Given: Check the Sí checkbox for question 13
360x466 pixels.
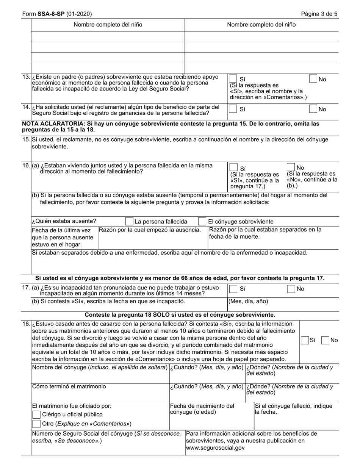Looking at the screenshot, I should [x=233, y=78].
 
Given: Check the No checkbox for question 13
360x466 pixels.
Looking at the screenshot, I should [x=313, y=78].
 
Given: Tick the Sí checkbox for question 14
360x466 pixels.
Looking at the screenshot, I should [x=233, y=109].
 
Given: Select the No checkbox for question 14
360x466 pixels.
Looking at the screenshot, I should [x=313, y=109].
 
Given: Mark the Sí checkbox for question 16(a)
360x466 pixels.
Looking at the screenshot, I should [x=233, y=167].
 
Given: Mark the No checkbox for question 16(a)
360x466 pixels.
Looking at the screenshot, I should [x=291, y=167].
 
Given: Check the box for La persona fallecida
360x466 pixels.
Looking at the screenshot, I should [x=129, y=221].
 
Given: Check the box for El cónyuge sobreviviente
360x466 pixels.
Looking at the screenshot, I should [x=203, y=221].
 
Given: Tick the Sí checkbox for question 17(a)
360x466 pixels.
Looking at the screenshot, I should [x=233, y=289].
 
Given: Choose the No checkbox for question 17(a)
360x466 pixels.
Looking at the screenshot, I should [x=291, y=289].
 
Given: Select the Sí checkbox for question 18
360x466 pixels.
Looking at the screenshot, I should [x=305, y=340].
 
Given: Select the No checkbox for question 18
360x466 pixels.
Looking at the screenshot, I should [x=325, y=340].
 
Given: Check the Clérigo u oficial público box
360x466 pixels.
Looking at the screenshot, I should [x=37, y=414].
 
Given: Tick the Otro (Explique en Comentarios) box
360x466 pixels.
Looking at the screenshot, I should [x=37, y=424].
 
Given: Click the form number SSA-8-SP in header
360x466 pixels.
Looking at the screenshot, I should [x=51, y=14].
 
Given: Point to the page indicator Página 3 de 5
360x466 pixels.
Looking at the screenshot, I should [x=319, y=14].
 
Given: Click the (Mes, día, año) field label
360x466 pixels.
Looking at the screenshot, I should [x=248, y=301].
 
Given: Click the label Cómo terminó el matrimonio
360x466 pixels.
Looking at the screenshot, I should [x=69, y=386].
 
